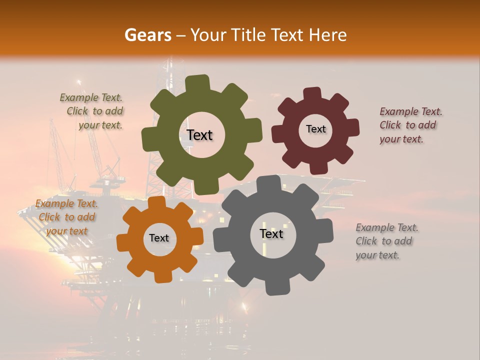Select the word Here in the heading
(x=327, y=35)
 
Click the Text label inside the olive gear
(x=199, y=135)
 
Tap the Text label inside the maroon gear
(x=315, y=129)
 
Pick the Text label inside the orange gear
(x=159, y=238)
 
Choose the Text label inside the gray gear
(x=271, y=233)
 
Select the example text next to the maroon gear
(x=411, y=125)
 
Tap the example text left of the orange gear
(x=66, y=217)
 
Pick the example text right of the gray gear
(x=386, y=241)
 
